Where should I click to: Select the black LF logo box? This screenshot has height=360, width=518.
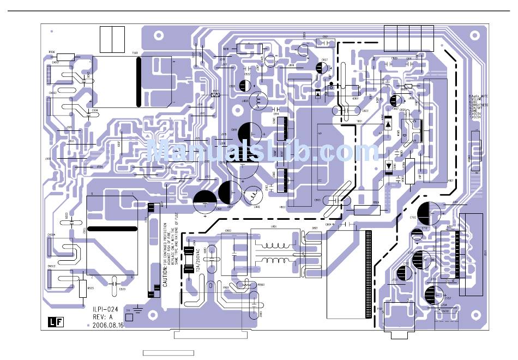(53, 322)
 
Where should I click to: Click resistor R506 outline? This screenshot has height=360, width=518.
(65, 57)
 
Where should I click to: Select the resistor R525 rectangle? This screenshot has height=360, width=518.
(83, 289)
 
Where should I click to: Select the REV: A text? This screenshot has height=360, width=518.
(104, 316)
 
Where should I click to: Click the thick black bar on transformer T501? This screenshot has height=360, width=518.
(138, 82)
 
